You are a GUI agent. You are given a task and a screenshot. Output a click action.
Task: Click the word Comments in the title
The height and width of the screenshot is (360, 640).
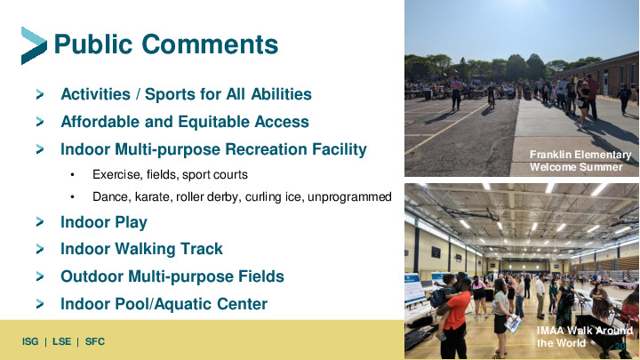(x=210, y=44)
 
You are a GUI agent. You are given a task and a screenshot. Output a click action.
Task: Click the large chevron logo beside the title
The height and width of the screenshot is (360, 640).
(x=34, y=45)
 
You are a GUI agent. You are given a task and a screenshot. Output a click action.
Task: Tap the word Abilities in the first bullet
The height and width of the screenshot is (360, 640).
(x=281, y=94)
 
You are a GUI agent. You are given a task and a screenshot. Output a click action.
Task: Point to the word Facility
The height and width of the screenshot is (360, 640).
(x=340, y=149)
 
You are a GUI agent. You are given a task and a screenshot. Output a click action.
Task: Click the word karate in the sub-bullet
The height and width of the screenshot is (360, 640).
(x=154, y=196)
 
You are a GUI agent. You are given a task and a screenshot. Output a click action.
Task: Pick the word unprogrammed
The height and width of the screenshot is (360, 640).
(x=349, y=197)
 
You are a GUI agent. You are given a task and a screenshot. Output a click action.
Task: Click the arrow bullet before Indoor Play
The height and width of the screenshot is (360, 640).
(x=40, y=222)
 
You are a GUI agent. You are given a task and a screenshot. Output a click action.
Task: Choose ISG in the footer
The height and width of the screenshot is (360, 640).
(x=30, y=341)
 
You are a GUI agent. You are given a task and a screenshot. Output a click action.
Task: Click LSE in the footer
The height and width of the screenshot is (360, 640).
(x=61, y=341)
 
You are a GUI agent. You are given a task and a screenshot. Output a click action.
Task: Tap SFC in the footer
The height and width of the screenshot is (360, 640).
(x=95, y=341)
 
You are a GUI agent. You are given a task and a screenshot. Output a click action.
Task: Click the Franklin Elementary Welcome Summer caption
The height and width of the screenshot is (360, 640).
(x=580, y=161)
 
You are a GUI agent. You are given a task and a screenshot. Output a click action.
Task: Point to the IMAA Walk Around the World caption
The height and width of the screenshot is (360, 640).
(x=585, y=337)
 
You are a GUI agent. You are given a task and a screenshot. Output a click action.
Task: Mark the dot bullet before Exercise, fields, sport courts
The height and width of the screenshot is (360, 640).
(x=72, y=175)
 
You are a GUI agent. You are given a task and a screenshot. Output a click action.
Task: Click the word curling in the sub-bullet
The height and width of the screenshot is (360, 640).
(x=264, y=197)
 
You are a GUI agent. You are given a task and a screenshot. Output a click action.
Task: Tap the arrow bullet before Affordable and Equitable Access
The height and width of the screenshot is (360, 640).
(x=40, y=122)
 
